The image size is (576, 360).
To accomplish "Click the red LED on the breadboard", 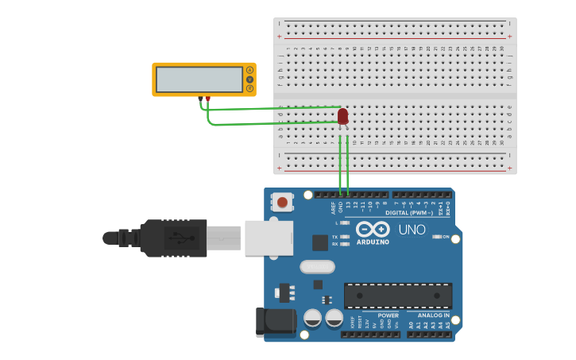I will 342,117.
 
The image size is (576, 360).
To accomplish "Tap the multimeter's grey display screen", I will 199,79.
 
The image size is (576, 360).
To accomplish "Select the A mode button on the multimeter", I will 249,71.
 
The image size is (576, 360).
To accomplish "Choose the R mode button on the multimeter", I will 249,88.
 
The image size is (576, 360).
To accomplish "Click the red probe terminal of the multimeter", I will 207,99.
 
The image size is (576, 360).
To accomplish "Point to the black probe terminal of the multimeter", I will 200,99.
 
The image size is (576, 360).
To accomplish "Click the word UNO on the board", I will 412,230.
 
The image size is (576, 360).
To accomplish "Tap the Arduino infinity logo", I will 373,229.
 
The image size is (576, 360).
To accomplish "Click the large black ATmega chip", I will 398,296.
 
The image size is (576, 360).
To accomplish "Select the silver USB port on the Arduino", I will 269,238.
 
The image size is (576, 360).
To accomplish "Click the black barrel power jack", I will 275,322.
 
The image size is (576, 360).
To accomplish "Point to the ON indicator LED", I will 436,237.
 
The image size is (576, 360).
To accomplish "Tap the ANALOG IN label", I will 434,315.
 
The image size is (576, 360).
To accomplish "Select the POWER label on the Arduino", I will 389,315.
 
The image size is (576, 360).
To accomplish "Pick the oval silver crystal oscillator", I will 317,267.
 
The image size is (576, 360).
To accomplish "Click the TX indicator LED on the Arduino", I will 344,237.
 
